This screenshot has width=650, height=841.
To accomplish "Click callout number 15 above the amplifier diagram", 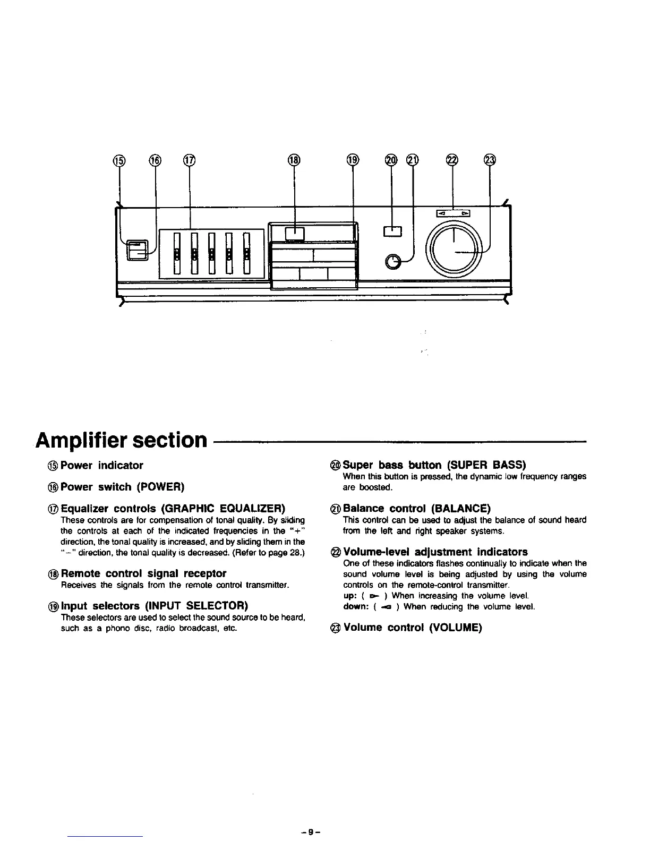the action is pos(118,160).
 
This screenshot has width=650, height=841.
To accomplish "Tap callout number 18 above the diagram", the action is pos(294,160).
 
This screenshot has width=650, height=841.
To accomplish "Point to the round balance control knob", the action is pos(393,262).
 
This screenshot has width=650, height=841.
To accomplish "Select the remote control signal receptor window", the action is pos(294,233).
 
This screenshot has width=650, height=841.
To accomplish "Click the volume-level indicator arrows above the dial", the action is pos(453,213).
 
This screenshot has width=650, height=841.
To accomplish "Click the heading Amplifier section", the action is pos(120,440).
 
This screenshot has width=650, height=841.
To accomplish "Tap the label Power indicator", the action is pos(101,466).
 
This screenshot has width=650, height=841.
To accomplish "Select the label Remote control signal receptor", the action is pos(143,573).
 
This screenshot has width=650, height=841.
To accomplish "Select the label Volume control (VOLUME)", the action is pos(412,628).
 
